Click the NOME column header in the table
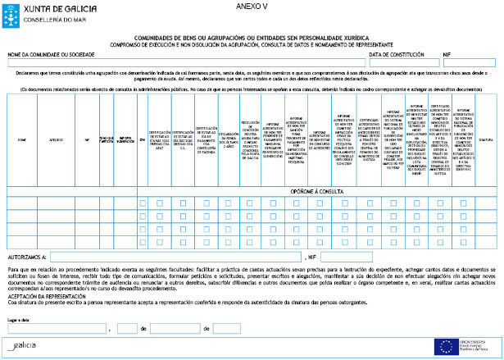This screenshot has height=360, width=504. point(22,139)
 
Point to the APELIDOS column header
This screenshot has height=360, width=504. point(57,139)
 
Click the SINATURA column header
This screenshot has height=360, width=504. point(486,139)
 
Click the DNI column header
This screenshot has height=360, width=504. point(143,139)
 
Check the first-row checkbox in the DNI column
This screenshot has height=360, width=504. point(143,203)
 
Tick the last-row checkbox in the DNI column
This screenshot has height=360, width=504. point(143,242)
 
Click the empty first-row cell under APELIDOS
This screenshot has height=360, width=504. point(57,203)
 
